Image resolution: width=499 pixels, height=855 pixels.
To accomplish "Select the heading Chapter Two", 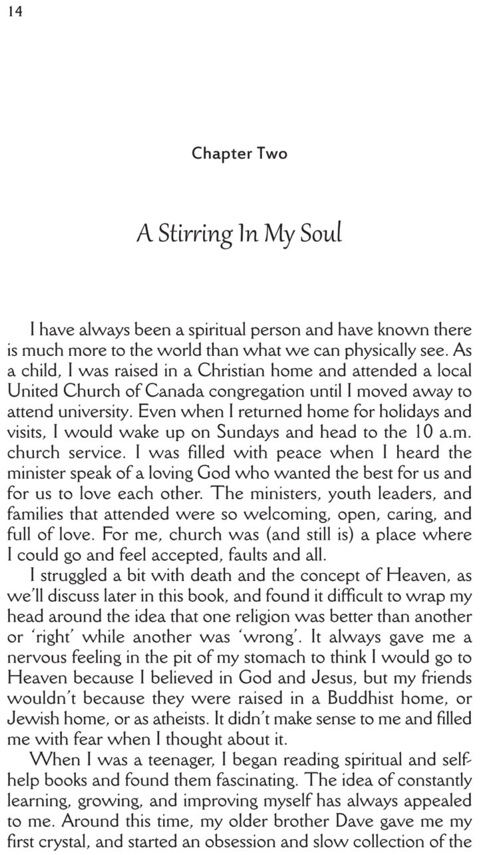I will click(x=240, y=154).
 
